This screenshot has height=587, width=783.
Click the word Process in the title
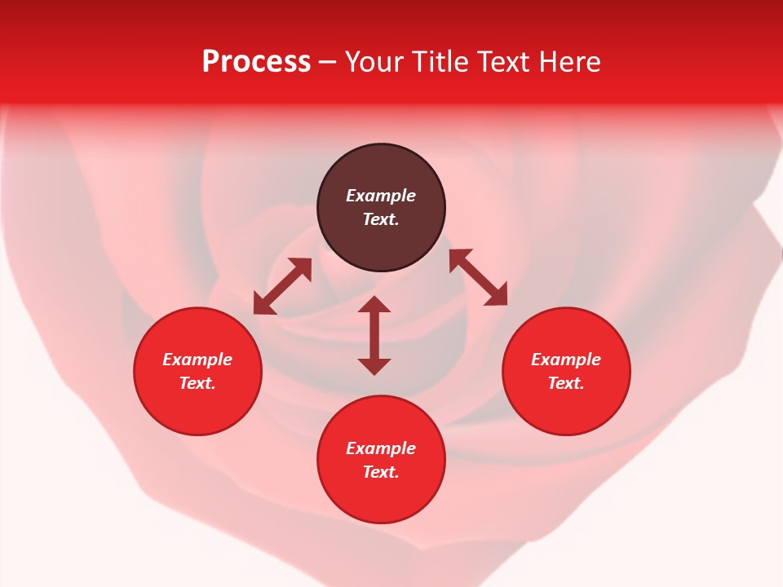(256, 62)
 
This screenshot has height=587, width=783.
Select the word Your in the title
(374, 62)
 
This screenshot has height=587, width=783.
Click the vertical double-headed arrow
(374, 335)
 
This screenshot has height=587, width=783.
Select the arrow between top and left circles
(282, 286)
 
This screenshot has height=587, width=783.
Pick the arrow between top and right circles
(478, 277)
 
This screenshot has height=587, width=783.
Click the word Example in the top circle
(381, 196)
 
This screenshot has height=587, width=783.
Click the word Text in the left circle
(197, 383)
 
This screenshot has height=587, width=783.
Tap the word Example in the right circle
(566, 360)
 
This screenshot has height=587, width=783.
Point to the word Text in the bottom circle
(380, 472)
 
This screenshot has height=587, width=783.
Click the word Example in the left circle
(197, 360)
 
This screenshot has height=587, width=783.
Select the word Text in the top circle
(380, 219)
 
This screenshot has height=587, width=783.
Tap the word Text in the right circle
(565, 383)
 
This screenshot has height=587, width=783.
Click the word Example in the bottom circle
(381, 448)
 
